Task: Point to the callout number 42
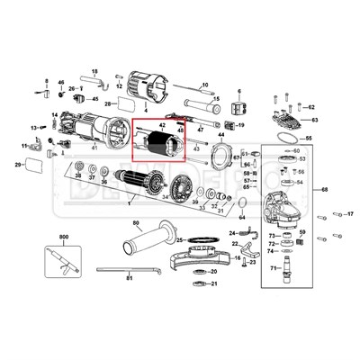(163, 125)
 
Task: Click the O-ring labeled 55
(286, 139)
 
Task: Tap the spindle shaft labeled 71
(290, 265)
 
